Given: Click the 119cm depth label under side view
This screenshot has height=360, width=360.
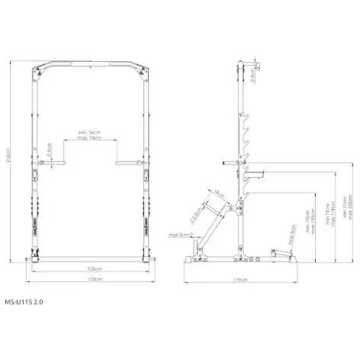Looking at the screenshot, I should coord(241,280).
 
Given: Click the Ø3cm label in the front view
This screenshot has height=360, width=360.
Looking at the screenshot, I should coord(48,149).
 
